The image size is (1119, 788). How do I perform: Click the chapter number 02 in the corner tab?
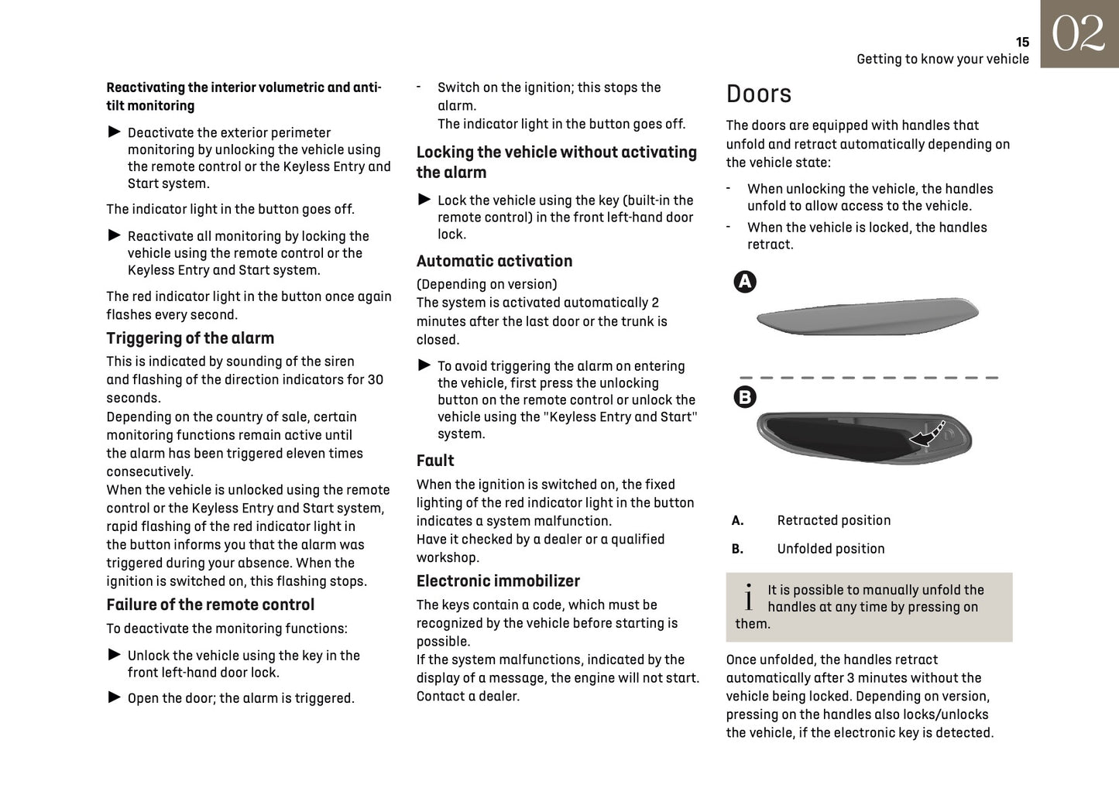point(1078,34)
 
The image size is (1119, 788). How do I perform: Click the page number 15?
point(1022,43)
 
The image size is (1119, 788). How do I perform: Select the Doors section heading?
point(758,94)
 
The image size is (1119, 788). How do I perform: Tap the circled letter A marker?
point(745,282)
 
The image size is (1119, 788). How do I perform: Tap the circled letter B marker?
point(744,397)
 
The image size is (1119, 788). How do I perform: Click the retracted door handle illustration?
point(867,316)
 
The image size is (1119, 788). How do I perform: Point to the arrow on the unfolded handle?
point(928,435)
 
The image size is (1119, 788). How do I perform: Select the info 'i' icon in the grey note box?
point(748,597)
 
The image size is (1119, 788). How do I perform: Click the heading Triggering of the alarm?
point(190,338)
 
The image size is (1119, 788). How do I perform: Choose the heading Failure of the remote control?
point(210,605)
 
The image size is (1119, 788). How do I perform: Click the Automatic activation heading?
point(494,261)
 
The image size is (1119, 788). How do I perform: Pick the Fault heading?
point(435,461)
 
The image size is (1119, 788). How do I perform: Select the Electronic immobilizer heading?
point(498,581)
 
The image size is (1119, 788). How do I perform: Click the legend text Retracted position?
point(833,521)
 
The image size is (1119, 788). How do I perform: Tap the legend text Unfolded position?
point(830,549)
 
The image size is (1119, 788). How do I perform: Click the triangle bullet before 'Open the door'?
point(115,697)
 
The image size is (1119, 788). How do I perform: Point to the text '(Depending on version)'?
point(486,284)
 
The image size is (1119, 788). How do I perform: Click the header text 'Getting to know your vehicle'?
point(942,60)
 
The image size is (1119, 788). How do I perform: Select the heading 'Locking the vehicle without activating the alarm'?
point(556,162)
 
